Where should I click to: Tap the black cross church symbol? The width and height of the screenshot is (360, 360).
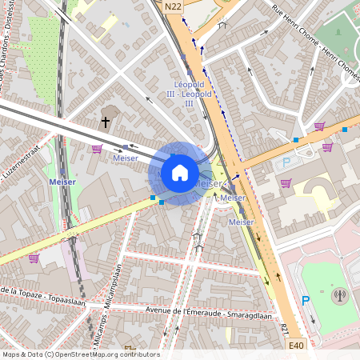tap(105, 122)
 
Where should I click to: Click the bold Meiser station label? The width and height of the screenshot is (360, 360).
tap(62, 182)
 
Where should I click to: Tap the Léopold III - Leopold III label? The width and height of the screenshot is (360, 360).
tap(190, 94)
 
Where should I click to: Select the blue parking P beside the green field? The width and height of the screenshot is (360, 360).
tap(304, 302)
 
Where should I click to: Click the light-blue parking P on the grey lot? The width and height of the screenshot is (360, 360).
tap(287, 163)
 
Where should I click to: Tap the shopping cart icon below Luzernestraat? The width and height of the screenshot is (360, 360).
tap(97, 148)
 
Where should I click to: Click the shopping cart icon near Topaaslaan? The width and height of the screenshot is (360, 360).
tap(34, 258)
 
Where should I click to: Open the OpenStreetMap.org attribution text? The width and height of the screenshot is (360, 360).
tap(80, 354)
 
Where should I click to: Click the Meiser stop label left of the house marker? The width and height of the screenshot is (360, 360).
tap(125, 158)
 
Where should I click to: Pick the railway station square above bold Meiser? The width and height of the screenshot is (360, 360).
tap(62, 170)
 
